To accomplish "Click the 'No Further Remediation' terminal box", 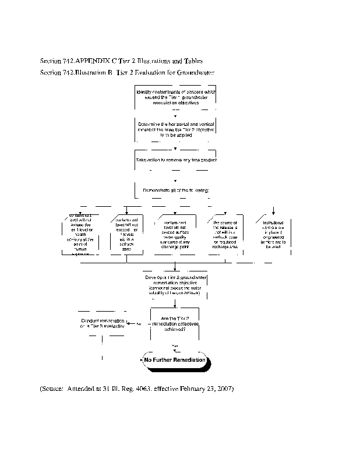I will click(175, 360).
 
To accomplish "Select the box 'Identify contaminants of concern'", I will click(175, 97).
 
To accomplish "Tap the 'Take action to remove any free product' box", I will click(175, 159).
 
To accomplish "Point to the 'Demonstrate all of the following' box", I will click(175, 190).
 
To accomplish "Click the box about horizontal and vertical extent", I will click(175, 129).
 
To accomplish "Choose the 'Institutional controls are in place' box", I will click(273, 234).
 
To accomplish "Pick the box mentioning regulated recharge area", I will click(225, 235).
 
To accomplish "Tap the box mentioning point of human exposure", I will click(78, 235).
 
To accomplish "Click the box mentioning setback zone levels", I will click(127, 235).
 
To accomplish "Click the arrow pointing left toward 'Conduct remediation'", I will click(131, 324).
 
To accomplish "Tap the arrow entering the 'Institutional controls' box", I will click(273, 211).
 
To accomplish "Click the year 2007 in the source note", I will click(225, 388).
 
